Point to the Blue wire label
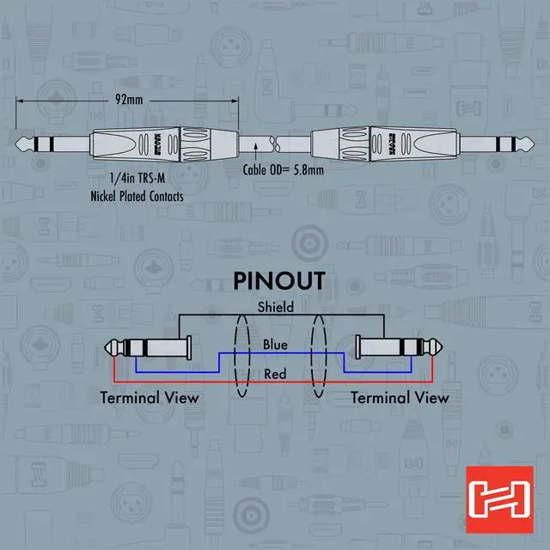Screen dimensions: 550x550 (x=275, y=345)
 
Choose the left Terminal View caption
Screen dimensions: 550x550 (x=150, y=398)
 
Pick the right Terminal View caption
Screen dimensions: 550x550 (x=400, y=398)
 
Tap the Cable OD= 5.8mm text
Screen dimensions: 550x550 (x=284, y=170)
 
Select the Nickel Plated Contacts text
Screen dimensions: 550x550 (x=137, y=196)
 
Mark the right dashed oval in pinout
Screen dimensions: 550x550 (x=320, y=356)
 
